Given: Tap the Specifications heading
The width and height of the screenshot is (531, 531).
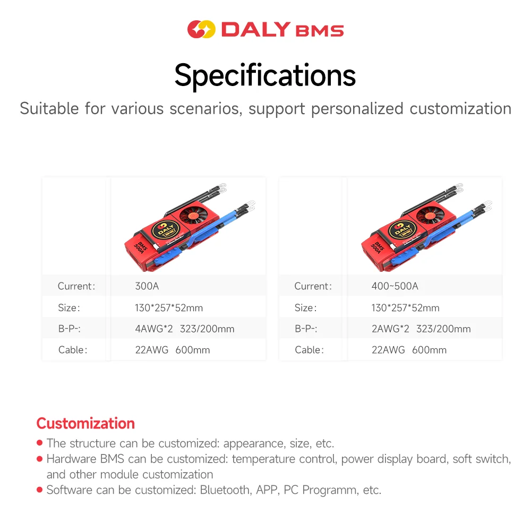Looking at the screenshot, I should tap(265, 75).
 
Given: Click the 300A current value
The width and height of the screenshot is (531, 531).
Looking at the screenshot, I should tap(147, 286).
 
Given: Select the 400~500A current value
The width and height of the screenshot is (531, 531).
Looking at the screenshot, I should tap(395, 286).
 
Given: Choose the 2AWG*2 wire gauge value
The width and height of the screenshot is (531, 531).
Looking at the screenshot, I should tap(390, 329).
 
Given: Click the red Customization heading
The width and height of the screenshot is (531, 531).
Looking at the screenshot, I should tap(85, 423).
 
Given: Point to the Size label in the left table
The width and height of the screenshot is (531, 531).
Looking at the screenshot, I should tap(69, 308).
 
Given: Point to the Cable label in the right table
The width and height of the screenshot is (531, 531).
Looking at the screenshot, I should tap(309, 350).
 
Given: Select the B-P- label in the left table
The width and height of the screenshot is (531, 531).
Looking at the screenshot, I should tap(69, 329).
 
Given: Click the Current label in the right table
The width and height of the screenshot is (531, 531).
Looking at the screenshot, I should tap(313, 286).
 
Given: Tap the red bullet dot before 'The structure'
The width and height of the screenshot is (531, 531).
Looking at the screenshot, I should tap(39, 443).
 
